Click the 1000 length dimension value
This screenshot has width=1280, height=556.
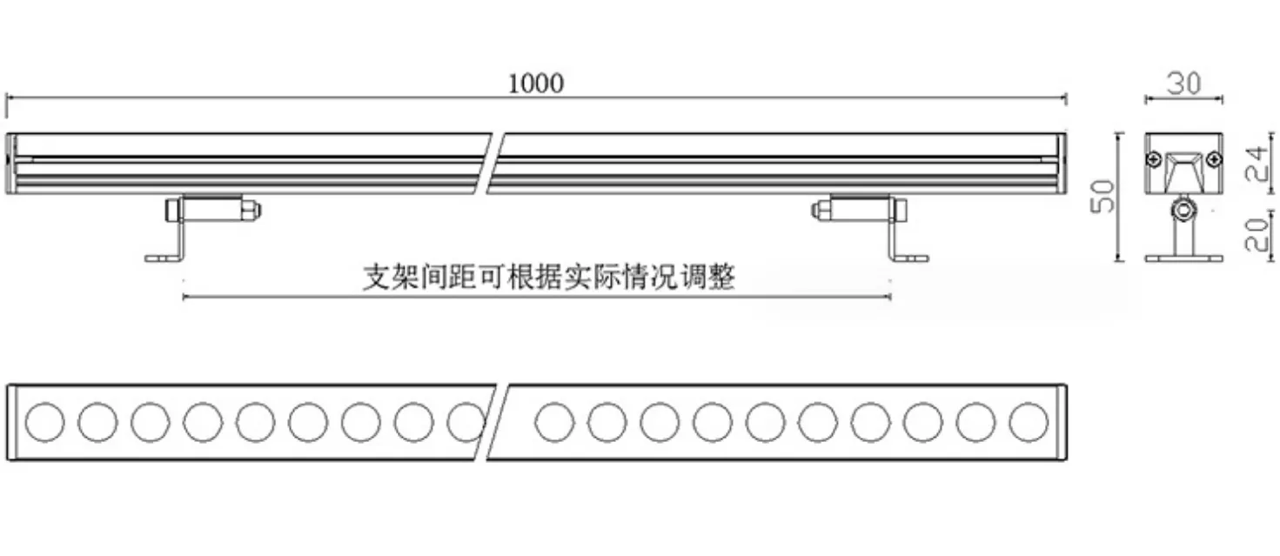tap(535, 84)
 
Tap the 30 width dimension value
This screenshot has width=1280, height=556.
tap(1183, 84)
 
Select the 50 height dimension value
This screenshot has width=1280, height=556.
tap(1102, 197)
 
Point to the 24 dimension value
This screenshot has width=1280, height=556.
tap(1257, 164)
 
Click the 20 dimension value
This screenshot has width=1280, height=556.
tap(1257, 235)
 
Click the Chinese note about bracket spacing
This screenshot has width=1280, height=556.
tap(549, 277)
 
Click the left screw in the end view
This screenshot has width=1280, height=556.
tap(1154, 159)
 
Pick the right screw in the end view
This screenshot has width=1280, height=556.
tap(1214, 159)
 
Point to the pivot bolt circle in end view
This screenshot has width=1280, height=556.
tap(1183, 211)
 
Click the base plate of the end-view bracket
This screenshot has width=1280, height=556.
tap(1183, 258)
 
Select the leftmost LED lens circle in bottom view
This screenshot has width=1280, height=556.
tap(45, 422)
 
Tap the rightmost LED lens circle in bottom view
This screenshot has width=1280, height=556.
tap(1029, 422)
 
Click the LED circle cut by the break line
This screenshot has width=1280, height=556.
tap(466, 422)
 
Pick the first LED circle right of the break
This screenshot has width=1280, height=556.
tap(554, 422)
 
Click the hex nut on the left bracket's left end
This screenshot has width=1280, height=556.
tap(173, 211)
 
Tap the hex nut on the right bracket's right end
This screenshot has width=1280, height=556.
tap(898, 210)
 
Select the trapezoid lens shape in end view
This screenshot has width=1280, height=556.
tap(1184, 171)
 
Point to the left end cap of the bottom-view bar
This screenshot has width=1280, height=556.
tap(11, 422)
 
